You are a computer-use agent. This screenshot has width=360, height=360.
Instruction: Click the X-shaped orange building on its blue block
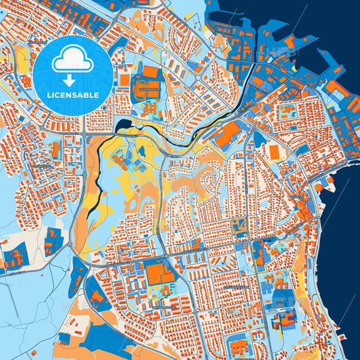[x=237, y=226]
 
